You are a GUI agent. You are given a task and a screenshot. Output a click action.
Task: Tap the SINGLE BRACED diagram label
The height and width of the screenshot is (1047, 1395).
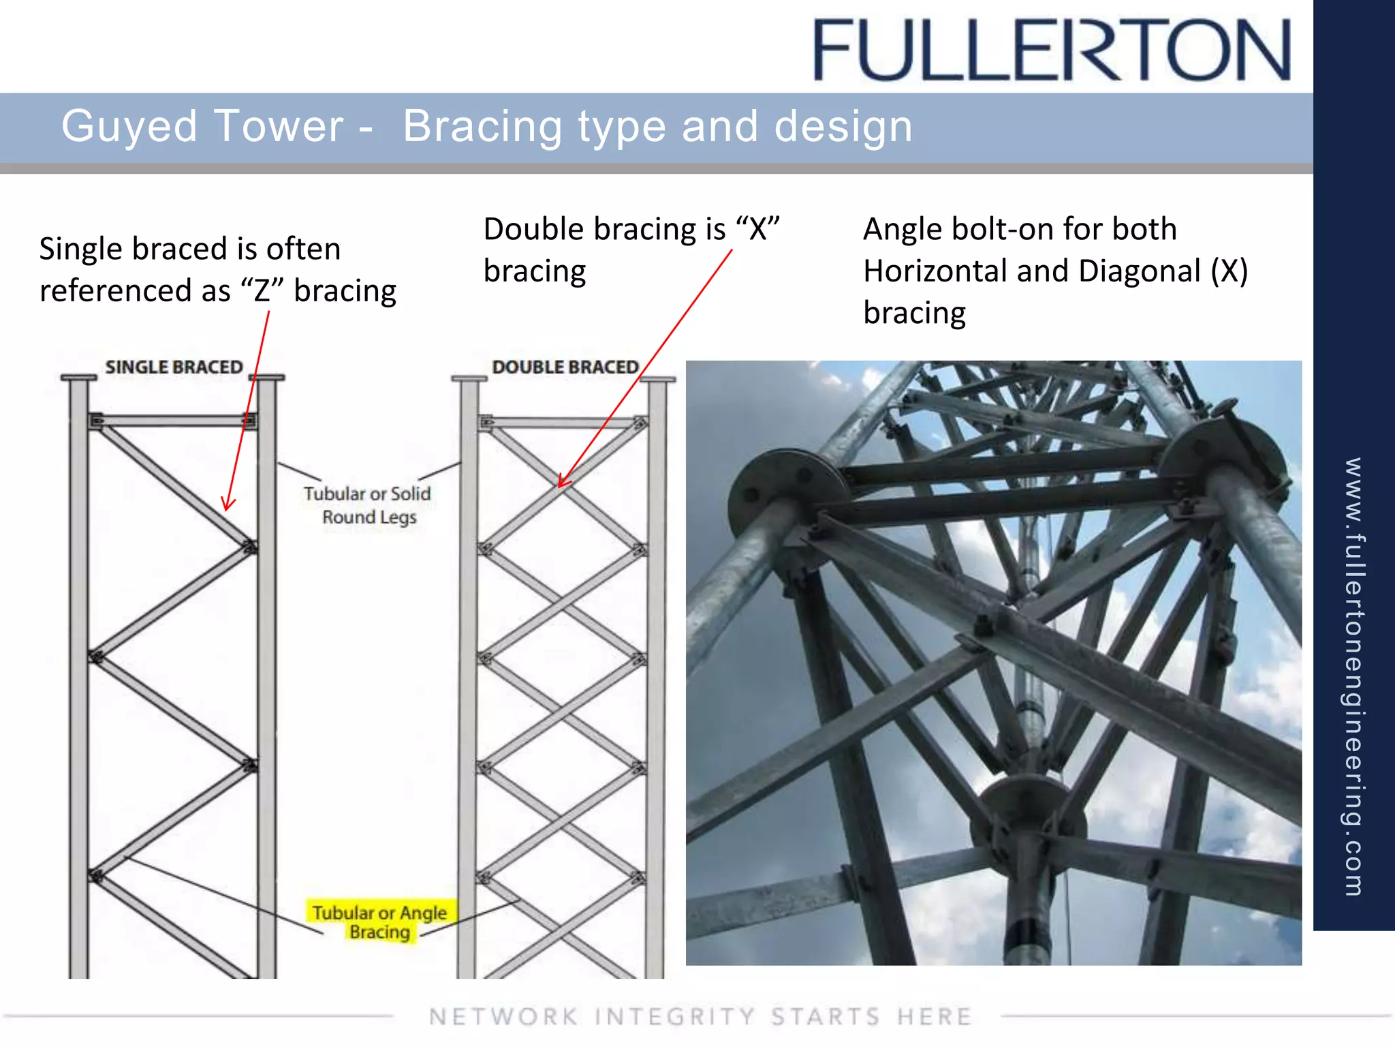[x=174, y=367]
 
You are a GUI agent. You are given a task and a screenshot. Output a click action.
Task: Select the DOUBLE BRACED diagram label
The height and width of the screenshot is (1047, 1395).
[x=565, y=367]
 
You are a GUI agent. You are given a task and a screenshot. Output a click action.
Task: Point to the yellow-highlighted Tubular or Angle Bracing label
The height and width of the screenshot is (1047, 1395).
[x=379, y=922]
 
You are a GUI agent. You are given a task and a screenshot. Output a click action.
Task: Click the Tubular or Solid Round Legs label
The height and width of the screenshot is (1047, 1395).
[x=368, y=504]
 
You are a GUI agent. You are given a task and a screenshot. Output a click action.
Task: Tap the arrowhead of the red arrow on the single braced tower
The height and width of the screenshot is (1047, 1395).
[x=228, y=505]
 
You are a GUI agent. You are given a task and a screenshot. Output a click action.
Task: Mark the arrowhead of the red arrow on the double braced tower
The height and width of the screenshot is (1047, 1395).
[x=561, y=483]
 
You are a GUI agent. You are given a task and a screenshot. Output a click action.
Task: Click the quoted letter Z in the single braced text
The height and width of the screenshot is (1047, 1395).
[x=262, y=291]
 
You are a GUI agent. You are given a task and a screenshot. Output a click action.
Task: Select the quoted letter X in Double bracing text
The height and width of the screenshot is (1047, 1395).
[x=757, y=230]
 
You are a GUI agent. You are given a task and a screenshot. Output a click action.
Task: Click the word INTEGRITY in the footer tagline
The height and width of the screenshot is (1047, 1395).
[x=674, y=1016]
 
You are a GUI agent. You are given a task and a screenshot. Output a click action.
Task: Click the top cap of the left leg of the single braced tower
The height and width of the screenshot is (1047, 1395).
[x=78, y=377]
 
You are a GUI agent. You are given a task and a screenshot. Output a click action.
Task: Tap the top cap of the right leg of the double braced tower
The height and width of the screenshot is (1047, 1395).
[x=657, y=379]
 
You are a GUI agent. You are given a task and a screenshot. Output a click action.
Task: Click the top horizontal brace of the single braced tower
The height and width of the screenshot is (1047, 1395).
[x=174, y=421]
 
